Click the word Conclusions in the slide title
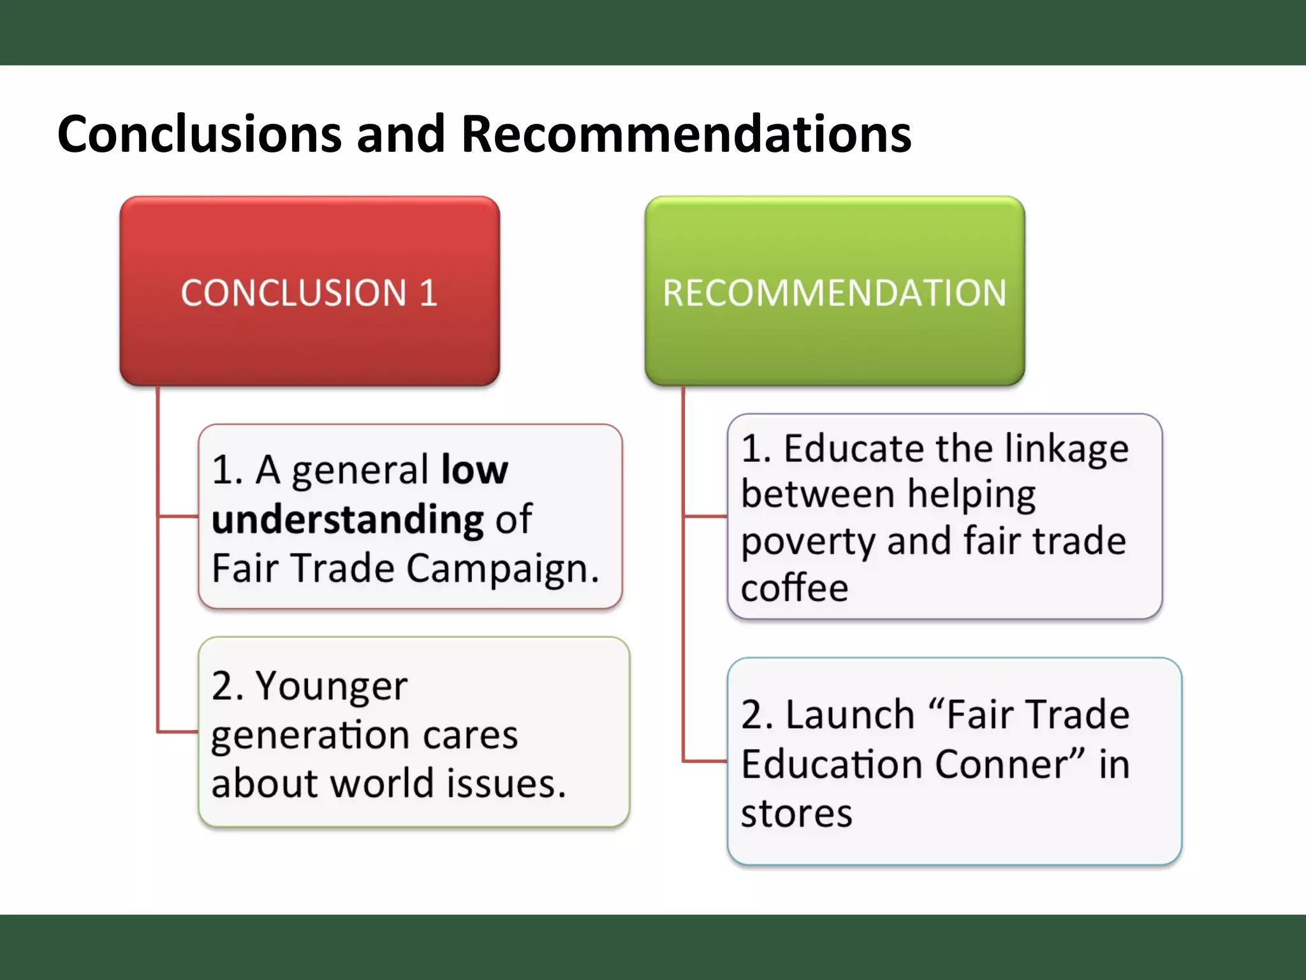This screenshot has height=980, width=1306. pyautogui.click(x=200, y=134)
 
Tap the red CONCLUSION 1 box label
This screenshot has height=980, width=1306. pyautogui.click(x=309, y=293)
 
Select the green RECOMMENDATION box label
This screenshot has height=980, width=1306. pyautogui.click(x=834, y=293)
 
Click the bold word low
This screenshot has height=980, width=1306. pyautogui.click(x=474, y=470)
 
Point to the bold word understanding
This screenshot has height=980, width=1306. pyautogui.click(x=348, y=520)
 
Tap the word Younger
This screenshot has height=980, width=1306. pyautogui.click(x=332, y=687)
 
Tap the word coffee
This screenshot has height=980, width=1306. pyautogui.click(x=794, y=588)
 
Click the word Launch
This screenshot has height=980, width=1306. pyautogui.click(x=850, y=714)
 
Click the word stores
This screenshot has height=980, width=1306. pyautogui.click(x=796, y=813)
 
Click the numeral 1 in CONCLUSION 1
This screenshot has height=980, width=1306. pyautogui.click(x=428, y=293)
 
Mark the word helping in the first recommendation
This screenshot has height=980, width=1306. pyautogui.click(x=971, y=494)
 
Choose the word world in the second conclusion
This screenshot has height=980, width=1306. pyautogui.click(x=382, y=783)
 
